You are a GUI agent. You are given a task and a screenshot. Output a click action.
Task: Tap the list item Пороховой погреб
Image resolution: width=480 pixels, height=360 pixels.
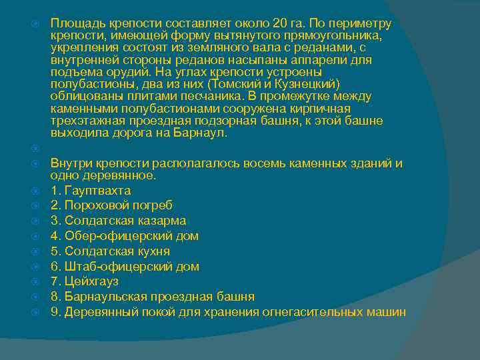[x=112, y=206]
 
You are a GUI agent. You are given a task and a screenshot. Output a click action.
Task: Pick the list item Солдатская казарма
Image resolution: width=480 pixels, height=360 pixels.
[x=118, y=221]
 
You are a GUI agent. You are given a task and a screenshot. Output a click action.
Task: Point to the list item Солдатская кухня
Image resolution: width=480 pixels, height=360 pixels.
[x=110, y=251]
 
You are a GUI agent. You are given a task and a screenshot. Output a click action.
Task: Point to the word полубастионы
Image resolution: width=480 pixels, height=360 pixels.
[x=91, y=84]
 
